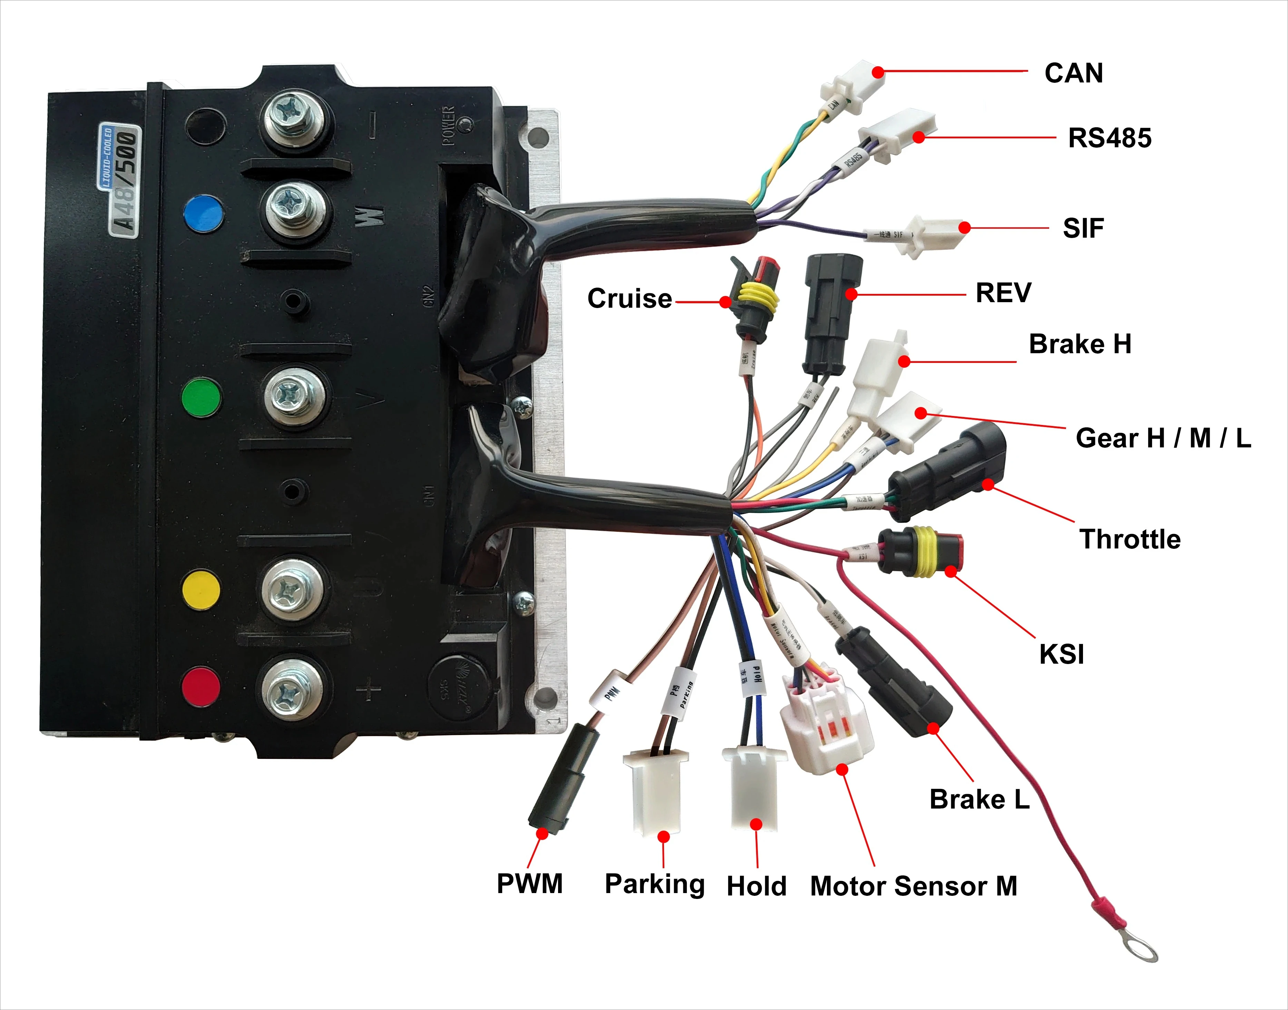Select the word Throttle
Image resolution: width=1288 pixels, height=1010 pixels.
[1130, 539]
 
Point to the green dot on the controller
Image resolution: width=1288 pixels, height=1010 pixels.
[201, 397]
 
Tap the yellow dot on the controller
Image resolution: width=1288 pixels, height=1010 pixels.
[201, 590]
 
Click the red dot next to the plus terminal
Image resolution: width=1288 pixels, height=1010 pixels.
[201, 686]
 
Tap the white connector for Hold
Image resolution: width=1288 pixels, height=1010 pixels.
[754, 786]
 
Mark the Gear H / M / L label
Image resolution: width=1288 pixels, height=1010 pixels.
[1163, 438]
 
